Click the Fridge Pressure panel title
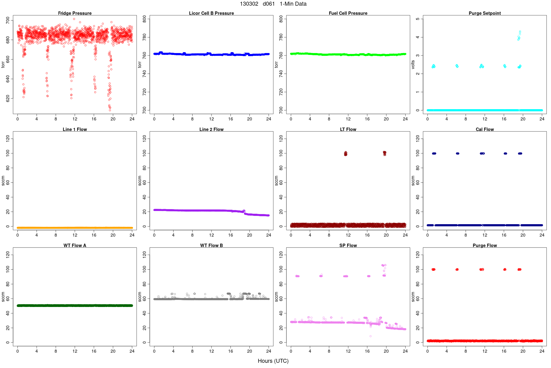pos(75,13)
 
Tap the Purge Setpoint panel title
pos(485,13)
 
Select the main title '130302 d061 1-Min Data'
pos(273,4)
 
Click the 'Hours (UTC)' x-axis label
pos(273,361)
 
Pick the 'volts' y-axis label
pos(413,64)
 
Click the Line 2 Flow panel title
pos(211,129)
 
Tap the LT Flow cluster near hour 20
pos(384,153)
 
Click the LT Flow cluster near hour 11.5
pos(346,153)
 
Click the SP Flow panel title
pos(348,245)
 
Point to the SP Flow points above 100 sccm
pos(384,265)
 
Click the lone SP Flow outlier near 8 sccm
pos(370,336)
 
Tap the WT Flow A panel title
pos(75,245)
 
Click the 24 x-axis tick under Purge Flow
pos(542,351)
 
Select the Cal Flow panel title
pos(485,129)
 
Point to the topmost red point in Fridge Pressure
pos(74,19)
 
